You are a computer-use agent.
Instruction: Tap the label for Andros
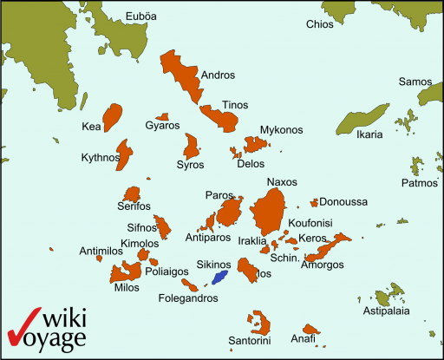point(218,75)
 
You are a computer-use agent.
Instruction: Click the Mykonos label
point(281,130)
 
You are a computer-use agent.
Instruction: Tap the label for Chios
point(319,24)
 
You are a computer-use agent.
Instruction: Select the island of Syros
point(192,145)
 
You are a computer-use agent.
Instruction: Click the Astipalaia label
point(386,310)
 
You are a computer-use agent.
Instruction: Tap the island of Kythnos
point(124,155)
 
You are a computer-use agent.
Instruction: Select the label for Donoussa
point(343,202)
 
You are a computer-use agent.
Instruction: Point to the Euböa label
point(141,16)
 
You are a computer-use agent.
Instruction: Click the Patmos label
point(419,183)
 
